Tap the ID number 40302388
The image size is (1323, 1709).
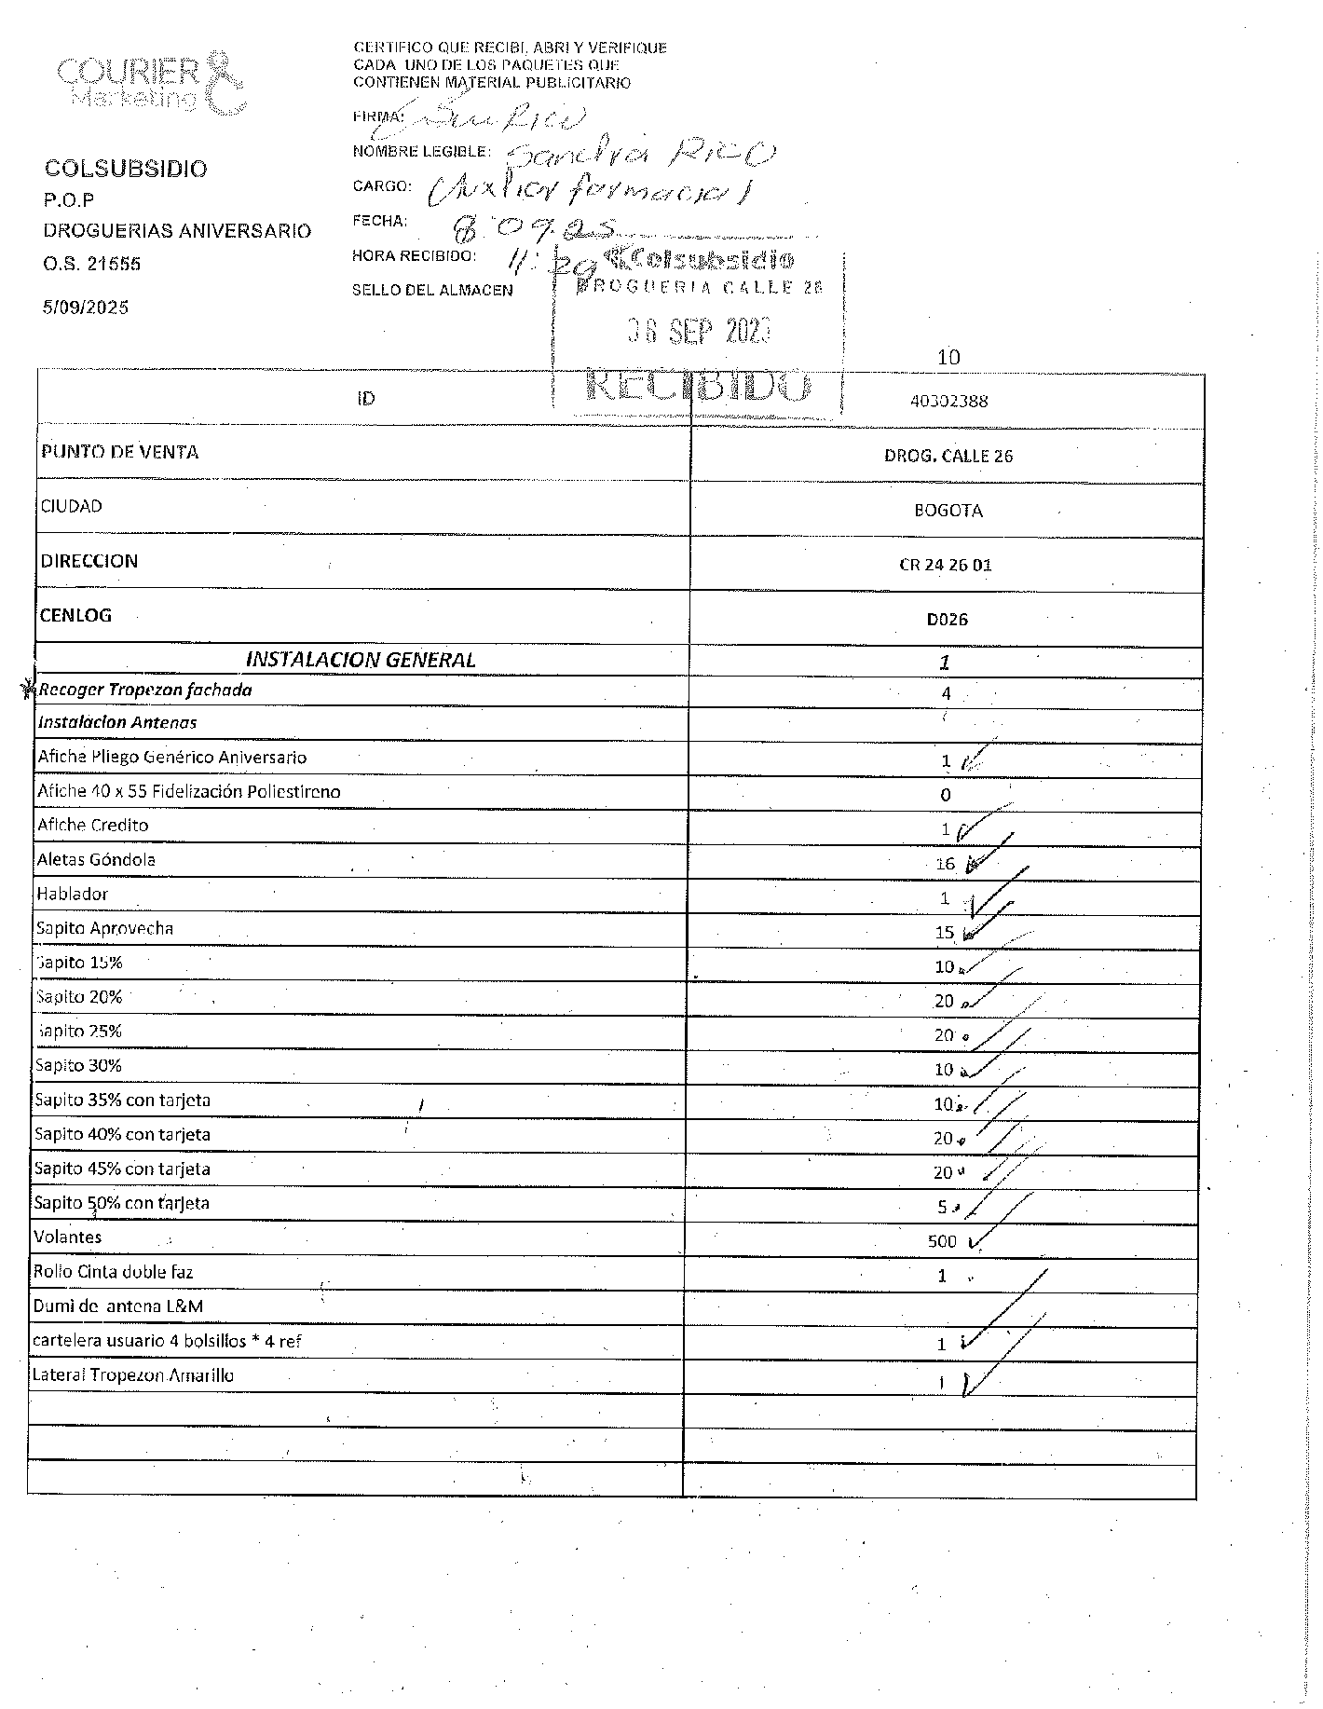click(948, 402)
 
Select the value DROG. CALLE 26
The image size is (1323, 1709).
click(948, 456)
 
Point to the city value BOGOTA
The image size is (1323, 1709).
click(948, 511)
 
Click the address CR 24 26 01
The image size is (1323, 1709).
click(945, 565)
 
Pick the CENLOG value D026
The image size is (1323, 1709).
click(947, 620)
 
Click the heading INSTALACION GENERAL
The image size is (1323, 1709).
click(360, 660)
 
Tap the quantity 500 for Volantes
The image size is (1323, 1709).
click(942, 1241)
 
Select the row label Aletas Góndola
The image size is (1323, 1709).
click(96, 859)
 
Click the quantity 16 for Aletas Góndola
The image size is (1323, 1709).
click(945, 864)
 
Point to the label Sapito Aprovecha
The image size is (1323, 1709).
click(104, 928)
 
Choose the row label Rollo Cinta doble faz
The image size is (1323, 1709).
click(113, 1271)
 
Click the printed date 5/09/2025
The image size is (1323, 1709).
click(86, 308)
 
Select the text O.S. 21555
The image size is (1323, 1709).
click(91, 264)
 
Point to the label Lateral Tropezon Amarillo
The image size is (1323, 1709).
click(132, 1374)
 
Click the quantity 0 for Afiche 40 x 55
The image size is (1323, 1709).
click(945, 795)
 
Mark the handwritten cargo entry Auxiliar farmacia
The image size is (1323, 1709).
click(589, 190)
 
